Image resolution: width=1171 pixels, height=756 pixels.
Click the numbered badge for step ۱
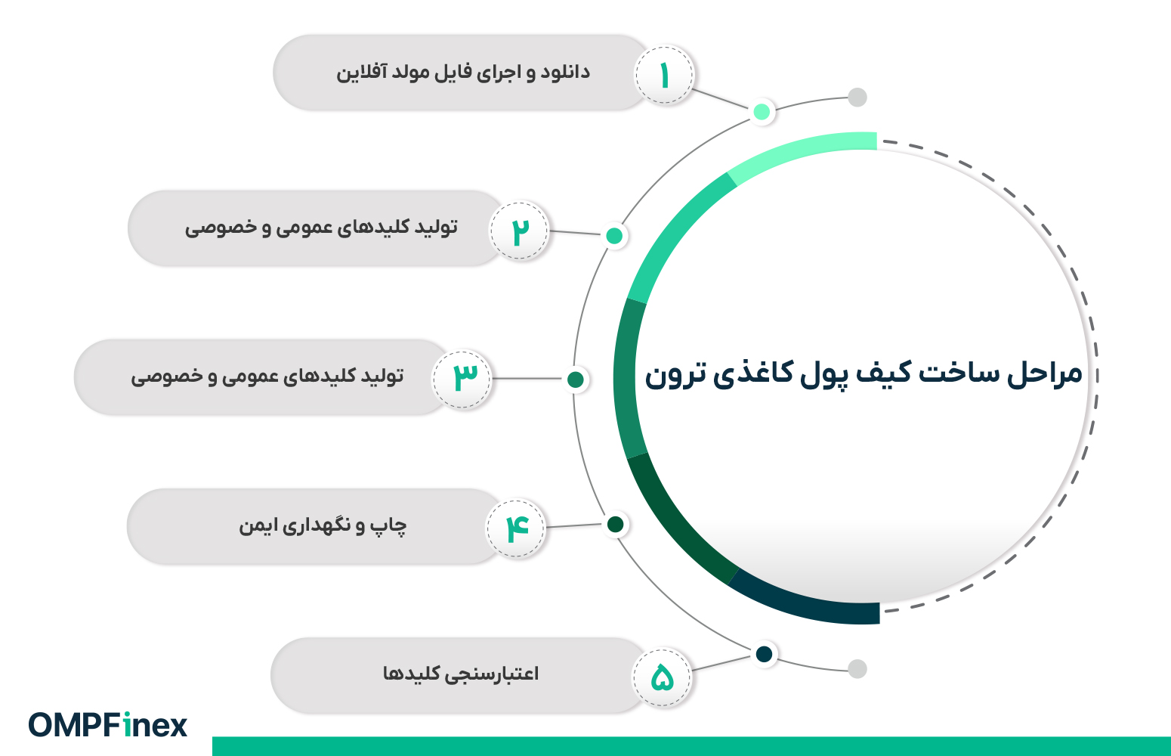[664, 76]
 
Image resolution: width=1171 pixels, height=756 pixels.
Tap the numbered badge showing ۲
[520, 231]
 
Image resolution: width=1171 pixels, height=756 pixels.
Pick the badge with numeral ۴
[516, 528]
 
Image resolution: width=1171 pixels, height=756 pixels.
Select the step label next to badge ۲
[321, 228]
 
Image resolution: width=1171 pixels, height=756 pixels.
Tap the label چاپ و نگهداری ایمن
[323, 525]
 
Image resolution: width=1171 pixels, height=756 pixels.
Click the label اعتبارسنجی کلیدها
[461, 674]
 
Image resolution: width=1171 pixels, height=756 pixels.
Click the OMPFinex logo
[108, 725]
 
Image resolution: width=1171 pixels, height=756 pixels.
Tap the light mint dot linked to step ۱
[762, 112]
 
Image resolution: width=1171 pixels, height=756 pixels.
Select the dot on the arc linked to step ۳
[576, 379]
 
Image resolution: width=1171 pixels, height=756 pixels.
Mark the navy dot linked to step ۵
[764, 654]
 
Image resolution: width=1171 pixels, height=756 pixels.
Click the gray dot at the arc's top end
[857, 98]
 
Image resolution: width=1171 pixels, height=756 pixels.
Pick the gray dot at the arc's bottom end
[857, 669]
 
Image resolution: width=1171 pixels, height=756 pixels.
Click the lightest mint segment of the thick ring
[801, 150]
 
